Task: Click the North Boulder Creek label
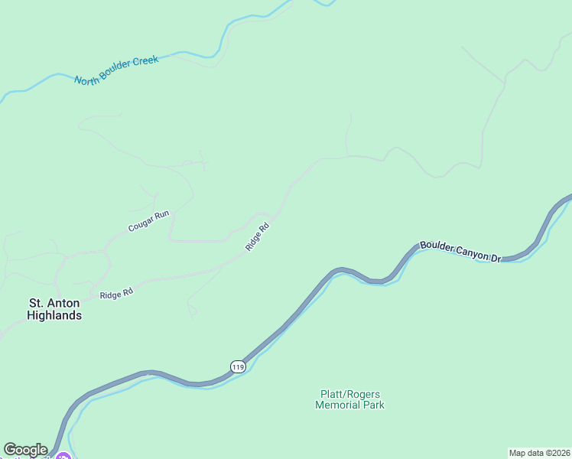(x=116, y=70)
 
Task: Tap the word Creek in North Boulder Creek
(x=145, y=62)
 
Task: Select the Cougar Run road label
(x=148, y=222)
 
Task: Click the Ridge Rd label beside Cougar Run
(x=258, y=236)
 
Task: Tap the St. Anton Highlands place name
(x=54, y=309)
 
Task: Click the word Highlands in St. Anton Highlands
(x=54, y=315)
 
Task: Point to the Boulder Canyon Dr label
(x=459, y=253)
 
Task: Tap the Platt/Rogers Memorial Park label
(x=349, y=399)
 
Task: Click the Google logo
(x=25, y=450)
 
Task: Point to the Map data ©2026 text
(x=539, y=452)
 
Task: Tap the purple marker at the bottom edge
(x=63, y=457)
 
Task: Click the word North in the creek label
(x=87, y=78)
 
